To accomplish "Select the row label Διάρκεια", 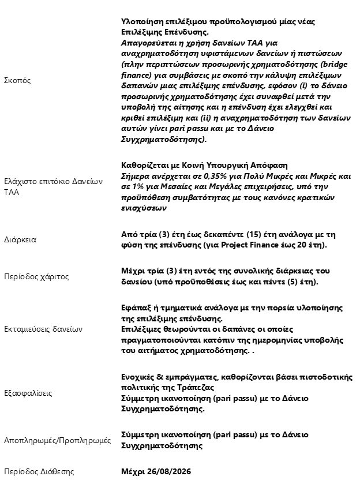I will point(20,239).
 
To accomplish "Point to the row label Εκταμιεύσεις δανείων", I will point(43,329).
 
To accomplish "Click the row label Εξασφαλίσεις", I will point(28,393).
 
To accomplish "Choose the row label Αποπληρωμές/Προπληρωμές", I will point(57,440).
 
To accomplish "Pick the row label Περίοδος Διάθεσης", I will point(39,471).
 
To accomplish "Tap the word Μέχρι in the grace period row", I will point(134,271).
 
